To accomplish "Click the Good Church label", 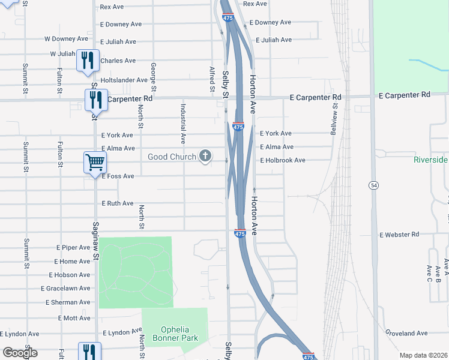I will click(172, 157).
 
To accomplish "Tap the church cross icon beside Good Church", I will click(205, 157).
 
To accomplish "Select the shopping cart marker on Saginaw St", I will click(95, 163).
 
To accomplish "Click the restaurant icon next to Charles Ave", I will click(88, 61).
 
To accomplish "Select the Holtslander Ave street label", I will click(124, 80).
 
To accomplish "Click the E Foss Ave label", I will click(118, 176).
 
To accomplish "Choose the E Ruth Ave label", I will click(117, 203).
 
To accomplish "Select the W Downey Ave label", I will click(67, 39).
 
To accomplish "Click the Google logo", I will click(20, 353).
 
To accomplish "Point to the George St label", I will click(154, 77).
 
